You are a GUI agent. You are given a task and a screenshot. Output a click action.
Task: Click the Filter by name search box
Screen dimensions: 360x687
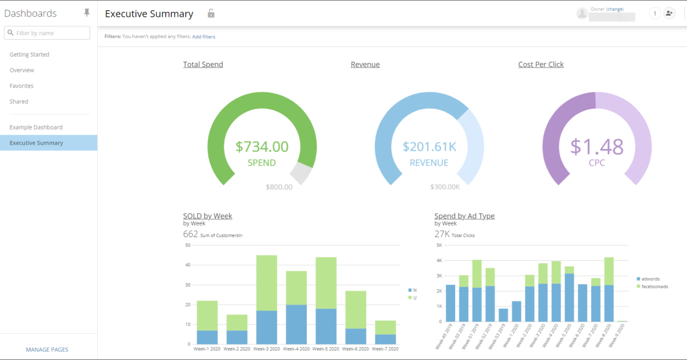pyautogui.click(x=47, y=33)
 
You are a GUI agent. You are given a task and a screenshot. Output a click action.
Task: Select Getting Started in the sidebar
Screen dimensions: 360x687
pyautogui.click(x=29, y=54)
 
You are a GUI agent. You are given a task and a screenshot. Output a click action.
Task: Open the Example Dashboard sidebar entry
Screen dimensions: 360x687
pyautogui.click(x=36, y=127)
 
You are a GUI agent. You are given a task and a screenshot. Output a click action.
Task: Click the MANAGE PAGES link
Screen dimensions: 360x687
pyautogui.click(x=47, y=350)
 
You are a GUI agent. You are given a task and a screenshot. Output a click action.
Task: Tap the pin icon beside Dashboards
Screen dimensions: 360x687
pyautogui.click(x=87, y=13)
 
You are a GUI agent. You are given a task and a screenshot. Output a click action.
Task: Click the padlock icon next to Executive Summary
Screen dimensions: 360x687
pyautogui.click(x=211, y=13)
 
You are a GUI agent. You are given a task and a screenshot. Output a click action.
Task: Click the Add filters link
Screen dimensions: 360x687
pyautogui.click(x=204, y=37)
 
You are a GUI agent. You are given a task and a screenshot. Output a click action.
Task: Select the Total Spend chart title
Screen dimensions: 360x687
pyautogui.click(x=203, y=64)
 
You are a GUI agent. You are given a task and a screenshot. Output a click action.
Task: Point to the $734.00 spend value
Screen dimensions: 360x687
pyautogui.click(x=262, y=147)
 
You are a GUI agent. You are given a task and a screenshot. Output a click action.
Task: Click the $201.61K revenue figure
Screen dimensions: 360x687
pyautogui.click(x=429, y=147)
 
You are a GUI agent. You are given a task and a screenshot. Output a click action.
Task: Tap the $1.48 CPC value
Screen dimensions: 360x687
pyautogui.click(x=596, y=147)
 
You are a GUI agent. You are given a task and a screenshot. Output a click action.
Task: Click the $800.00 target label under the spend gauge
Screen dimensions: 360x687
pyautogui.click(x=279, y=187)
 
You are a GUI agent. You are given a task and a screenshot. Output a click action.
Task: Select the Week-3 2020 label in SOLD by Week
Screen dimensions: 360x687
pyautogui.click(x=267, y=349)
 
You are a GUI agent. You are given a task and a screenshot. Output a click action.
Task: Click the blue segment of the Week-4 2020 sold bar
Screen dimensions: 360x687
pyautogui.click(x=296, y=324)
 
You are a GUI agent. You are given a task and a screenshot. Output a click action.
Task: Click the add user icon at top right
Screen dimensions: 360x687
pyautogui.click(x=669, y=13)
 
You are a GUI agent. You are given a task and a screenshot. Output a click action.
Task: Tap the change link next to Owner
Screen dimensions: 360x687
pyautogui.click(x=615, y=9)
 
